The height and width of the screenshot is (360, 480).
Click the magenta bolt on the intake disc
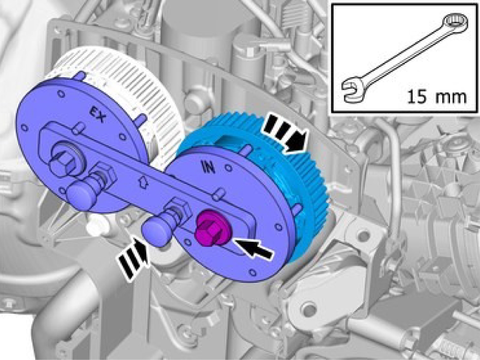[x=211, y=228]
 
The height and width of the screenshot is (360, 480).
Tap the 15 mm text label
[x=437, y=97]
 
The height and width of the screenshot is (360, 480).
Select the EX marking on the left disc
[x=98, y=114]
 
